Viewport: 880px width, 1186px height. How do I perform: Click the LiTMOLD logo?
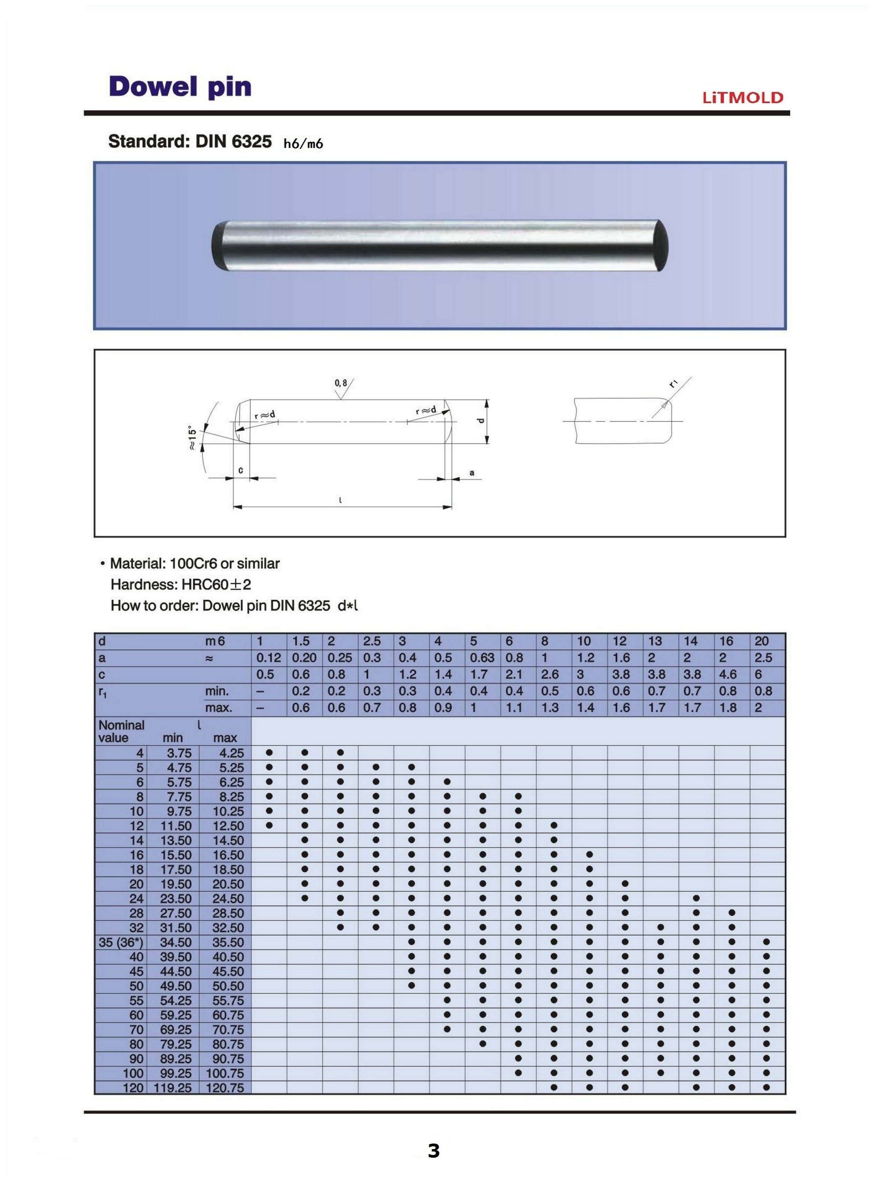point(743,98)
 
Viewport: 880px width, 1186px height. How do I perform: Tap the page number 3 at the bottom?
point(434,1151)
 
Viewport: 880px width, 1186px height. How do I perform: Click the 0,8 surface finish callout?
point(341,383)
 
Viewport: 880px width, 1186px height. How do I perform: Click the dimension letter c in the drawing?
point(241,470)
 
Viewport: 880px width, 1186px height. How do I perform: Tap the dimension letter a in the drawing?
point(472,473)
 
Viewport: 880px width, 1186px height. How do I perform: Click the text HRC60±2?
point(216,585)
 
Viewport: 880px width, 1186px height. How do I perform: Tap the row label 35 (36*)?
point(120,942)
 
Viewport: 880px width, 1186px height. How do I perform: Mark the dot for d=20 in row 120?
point(766,1087)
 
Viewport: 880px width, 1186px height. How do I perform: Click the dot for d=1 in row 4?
point(269,753)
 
